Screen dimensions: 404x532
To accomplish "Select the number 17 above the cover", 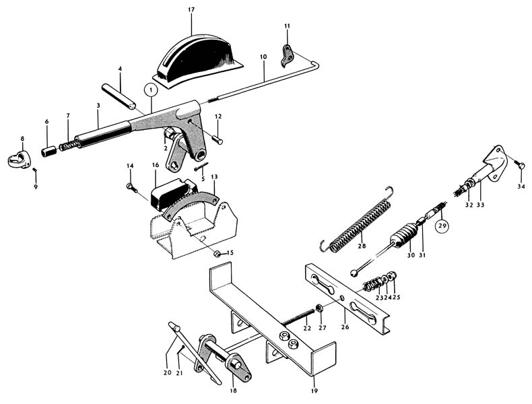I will pyautogui.click(x=191, y=10).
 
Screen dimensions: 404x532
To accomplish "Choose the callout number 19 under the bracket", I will pyautogui.click(x=314, y=391).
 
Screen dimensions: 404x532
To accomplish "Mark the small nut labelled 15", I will pyautogui.click(x=218, y=253).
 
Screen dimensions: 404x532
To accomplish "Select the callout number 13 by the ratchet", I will pyautogui.click(x=214, y=177).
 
